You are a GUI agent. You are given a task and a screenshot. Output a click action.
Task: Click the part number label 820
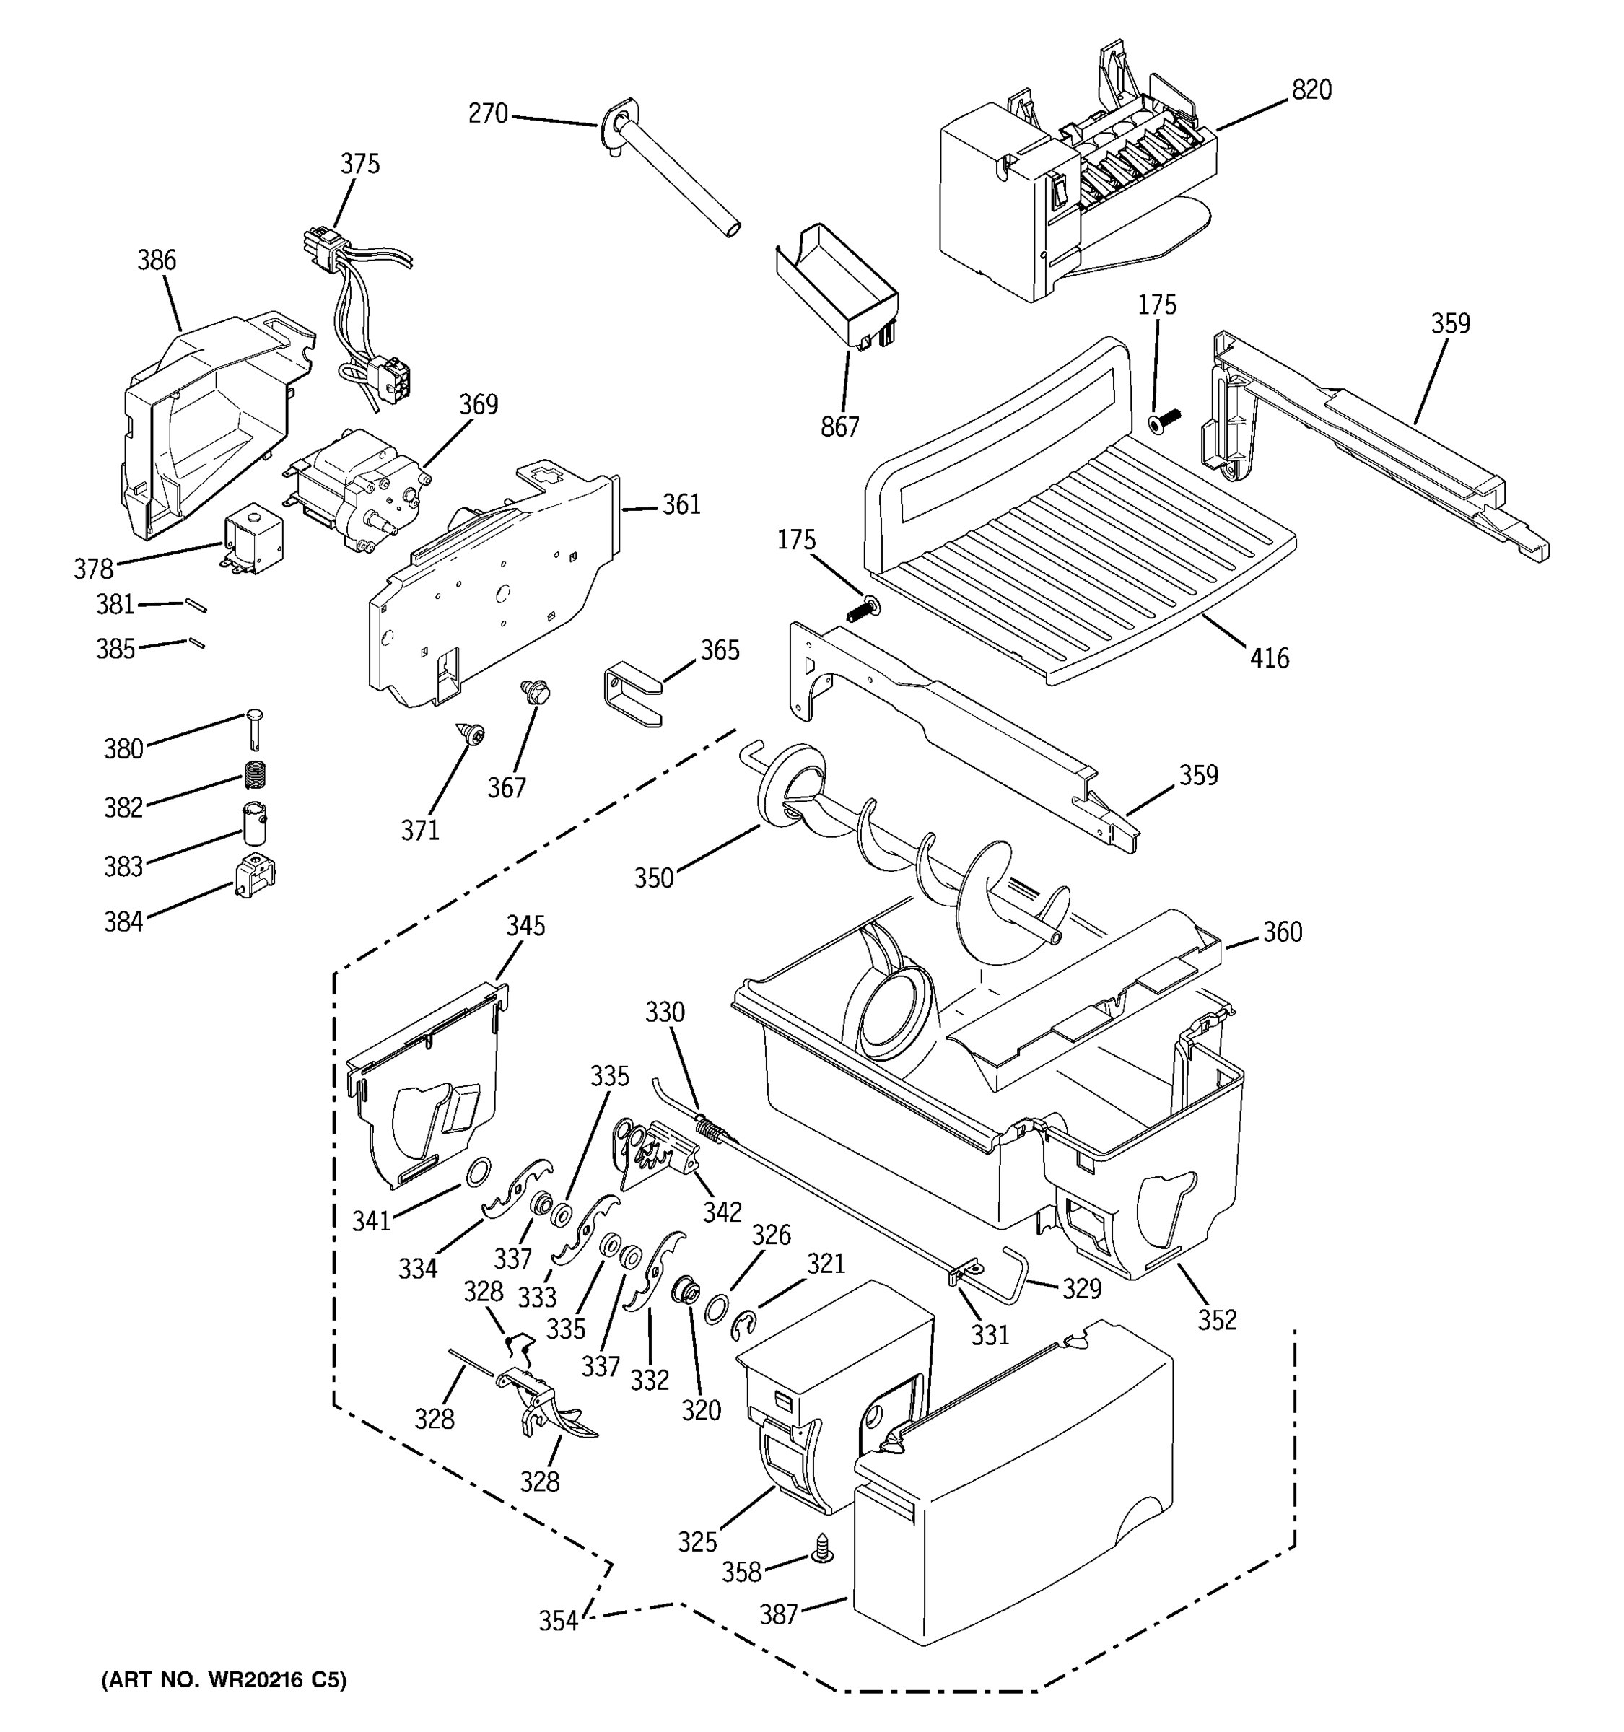[x=1311, y=89]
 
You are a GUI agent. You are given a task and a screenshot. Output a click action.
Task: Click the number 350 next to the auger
[x=653, y=878]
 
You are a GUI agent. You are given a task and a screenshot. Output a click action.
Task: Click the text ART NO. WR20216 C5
[x=224, y=1680]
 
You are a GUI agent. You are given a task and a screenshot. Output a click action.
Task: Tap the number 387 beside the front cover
[x=778, y=1614]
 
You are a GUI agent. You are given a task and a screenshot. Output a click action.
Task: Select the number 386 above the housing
[x=157, y=260]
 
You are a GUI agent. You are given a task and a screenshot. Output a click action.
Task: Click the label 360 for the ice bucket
[x=1283, y=932]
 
